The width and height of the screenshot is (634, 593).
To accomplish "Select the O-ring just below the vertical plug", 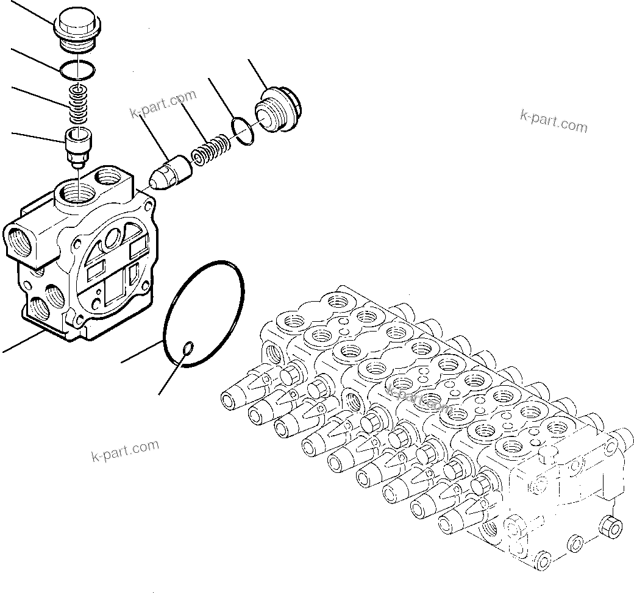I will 77,69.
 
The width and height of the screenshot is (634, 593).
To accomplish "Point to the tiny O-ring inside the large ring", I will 189,348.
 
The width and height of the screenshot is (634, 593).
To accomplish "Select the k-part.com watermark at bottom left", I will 124,450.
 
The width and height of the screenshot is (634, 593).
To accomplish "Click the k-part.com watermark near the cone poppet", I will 163,104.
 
